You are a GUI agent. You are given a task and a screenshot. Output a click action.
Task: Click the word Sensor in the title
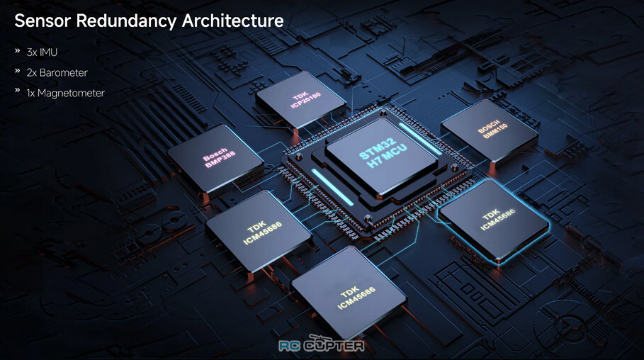tap(43, 21)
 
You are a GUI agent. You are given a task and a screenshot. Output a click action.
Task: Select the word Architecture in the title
tap(232, 21)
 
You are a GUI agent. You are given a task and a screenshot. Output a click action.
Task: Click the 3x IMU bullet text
tap(42, 52)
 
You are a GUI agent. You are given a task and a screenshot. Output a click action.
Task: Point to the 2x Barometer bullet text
tap(57, 73)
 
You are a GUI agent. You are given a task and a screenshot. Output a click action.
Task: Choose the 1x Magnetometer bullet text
tap(66, 94)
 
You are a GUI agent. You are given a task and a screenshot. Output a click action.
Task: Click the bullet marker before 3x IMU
tap(17, 50)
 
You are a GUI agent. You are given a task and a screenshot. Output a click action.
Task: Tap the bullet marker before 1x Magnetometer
tap(17, 90)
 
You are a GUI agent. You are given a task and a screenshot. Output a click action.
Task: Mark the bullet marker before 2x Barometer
tap(17, 70)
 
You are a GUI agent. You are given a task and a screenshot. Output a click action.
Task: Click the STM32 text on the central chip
tap(377, 149)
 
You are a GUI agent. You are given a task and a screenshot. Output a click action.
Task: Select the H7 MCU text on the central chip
tap(387, 156)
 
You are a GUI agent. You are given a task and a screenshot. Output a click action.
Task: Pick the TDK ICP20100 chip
tap(300, 100)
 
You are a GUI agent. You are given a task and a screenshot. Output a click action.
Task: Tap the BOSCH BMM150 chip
tap(489, 130)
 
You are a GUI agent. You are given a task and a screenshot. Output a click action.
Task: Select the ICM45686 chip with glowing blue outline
tap(493, 219)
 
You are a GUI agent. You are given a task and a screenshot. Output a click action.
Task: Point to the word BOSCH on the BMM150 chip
tap(489, 126)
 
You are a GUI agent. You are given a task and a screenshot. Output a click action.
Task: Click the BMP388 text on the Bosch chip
tap(220, 159)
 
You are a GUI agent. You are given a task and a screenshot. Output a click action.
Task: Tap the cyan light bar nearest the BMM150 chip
tap(419, 138)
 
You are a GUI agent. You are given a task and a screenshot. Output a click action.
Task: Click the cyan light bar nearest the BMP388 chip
tap(333, 186)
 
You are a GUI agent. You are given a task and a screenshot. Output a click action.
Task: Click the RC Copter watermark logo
tap(322, 344)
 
